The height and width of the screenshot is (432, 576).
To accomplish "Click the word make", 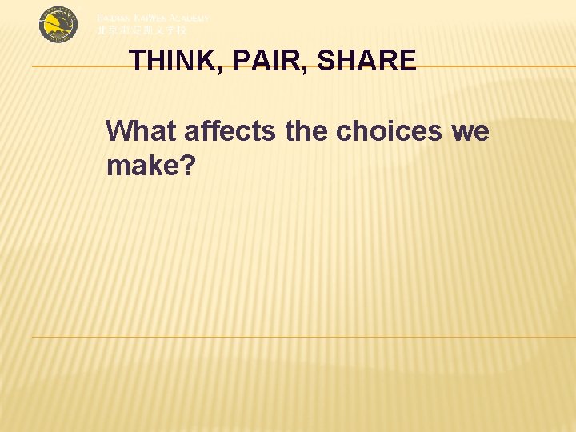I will [x=144, y=166].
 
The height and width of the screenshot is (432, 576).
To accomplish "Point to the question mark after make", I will [x=190, y=166].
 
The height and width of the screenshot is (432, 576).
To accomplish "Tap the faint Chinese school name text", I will [x=142, y=30].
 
